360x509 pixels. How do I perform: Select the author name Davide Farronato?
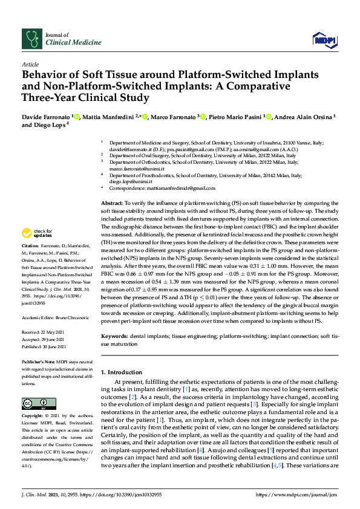tap(46, 115)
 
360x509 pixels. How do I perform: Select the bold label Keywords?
tap(114, 334)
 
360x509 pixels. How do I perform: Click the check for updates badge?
tap(38, 233)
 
